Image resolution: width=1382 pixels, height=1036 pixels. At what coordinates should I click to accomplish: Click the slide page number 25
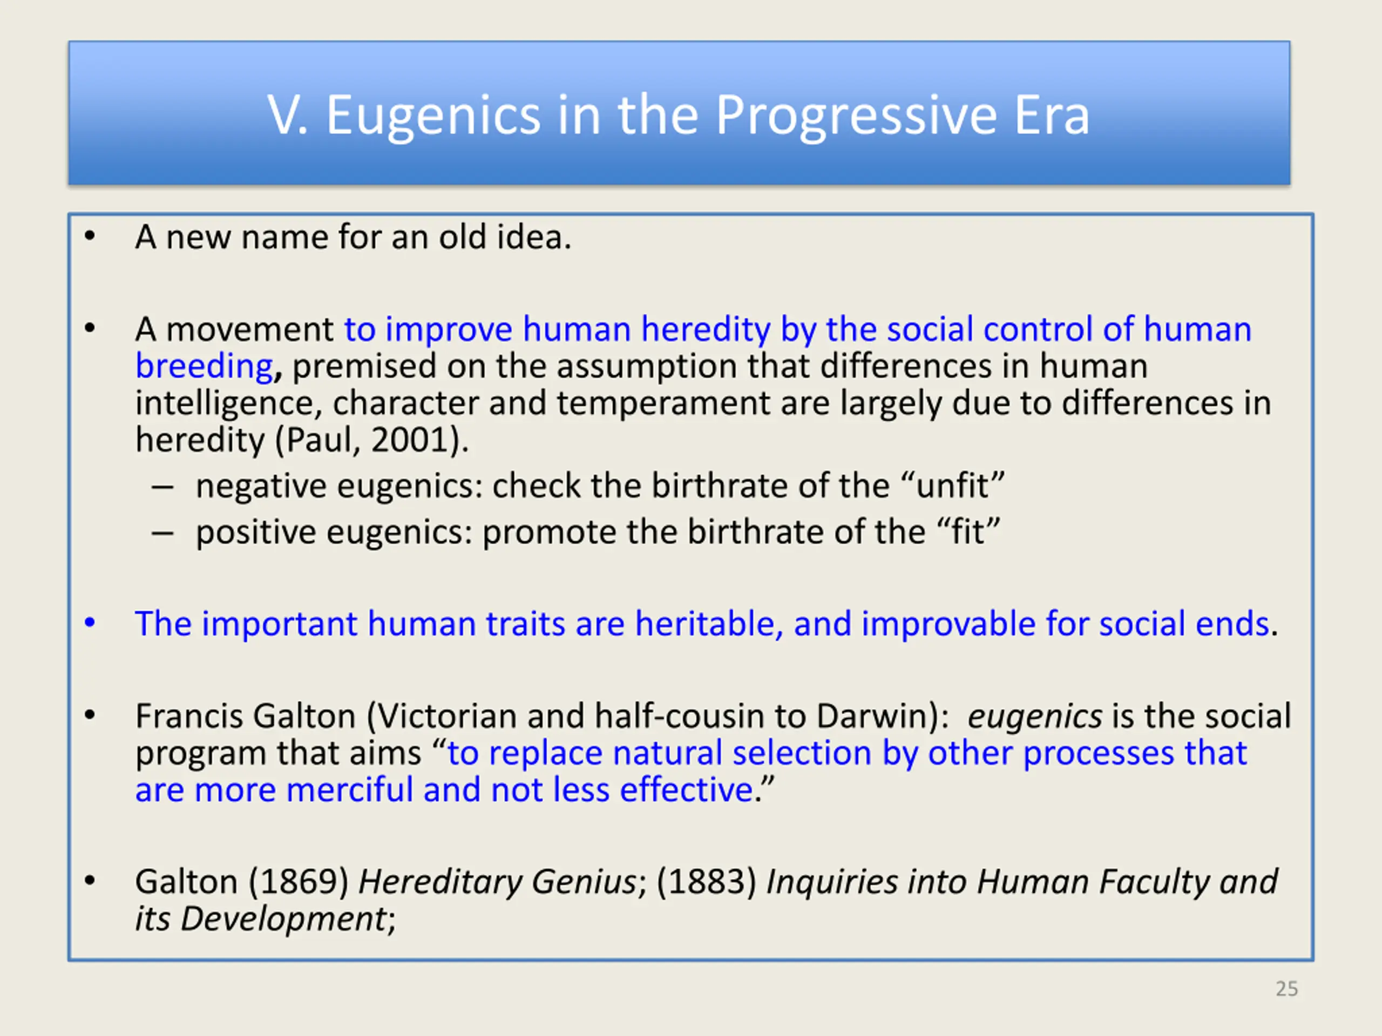pos(1287,989)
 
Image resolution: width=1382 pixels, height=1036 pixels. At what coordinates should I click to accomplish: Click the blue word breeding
pos(204,366)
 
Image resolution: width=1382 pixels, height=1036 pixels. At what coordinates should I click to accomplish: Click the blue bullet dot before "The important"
pos(90,623)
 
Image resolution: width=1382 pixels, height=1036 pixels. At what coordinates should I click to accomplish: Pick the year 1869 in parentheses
pos(299,882)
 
